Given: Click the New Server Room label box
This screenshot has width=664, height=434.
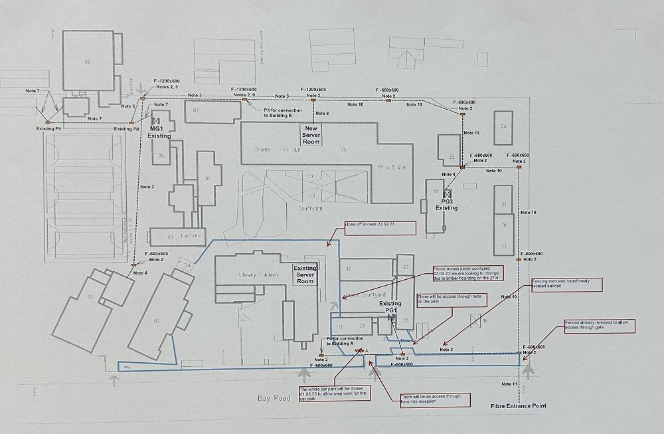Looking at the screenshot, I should point(311,135).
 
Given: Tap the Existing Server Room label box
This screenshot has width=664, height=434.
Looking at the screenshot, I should point(305,274).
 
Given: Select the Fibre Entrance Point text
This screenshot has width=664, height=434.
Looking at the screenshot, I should point(519,405).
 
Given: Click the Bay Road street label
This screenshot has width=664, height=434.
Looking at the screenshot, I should point(274,398).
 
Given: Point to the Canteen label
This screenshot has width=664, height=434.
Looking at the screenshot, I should point(190,236).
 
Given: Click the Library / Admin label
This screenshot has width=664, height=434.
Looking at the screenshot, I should point(258,275).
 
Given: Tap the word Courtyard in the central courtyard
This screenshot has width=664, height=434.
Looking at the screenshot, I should point(310,208).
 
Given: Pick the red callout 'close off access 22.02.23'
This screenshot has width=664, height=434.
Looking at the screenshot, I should point(379,228).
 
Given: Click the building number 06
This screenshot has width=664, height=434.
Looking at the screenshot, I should point(87,62).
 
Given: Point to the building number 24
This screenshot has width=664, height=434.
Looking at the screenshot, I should point(503,126).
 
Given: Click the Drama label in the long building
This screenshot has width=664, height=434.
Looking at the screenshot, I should point(262,150).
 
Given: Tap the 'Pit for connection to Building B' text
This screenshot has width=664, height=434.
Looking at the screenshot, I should point(282,113).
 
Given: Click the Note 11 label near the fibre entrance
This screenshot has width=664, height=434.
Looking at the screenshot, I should point(509,384).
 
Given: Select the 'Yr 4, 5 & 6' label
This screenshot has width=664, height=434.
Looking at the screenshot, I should point(390,167).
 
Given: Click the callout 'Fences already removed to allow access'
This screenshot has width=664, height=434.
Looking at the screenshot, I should point(600,326).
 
